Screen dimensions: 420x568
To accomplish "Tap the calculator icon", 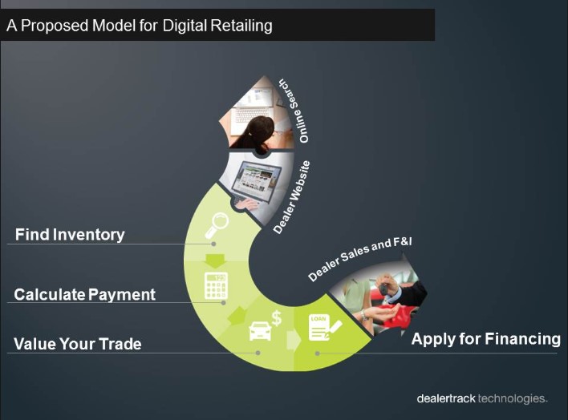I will [215, 286].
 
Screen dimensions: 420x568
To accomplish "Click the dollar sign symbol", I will [277, 317].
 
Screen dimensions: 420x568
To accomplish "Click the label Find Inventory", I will [71, 235].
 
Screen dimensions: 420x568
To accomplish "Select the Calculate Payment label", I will [85, 295].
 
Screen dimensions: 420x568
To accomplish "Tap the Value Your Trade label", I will [78, 344].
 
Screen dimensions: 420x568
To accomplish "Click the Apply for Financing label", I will [485, 338].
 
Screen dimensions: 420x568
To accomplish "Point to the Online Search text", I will [294, 111].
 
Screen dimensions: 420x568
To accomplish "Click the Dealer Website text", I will [291, 197].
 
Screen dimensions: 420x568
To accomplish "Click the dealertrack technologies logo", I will [481, 398].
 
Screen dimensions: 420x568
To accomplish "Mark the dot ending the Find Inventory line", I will [213, 243].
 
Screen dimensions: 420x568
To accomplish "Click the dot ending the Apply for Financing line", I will [318, 353].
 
